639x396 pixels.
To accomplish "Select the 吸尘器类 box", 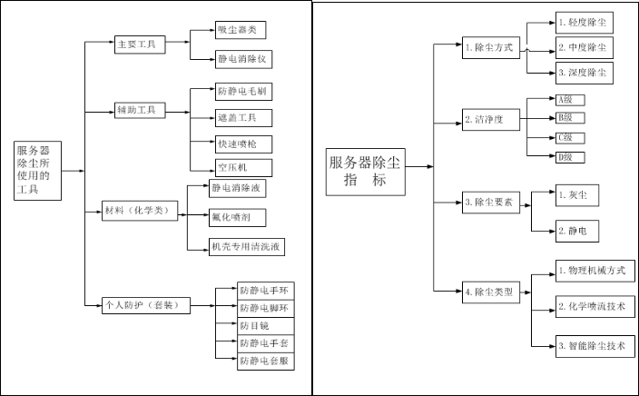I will point(241,30).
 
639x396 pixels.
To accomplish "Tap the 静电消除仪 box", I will point(244,59).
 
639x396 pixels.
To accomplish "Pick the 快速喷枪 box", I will point(242,142).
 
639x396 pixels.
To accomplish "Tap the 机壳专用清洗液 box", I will point(247,244).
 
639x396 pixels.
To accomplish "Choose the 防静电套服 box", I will point(265,361).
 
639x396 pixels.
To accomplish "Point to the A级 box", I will point(569,99).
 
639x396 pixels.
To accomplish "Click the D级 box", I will point(569,157).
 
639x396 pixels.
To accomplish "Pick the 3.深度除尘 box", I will point(584,71).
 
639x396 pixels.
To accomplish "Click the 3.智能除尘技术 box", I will point(595,345).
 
